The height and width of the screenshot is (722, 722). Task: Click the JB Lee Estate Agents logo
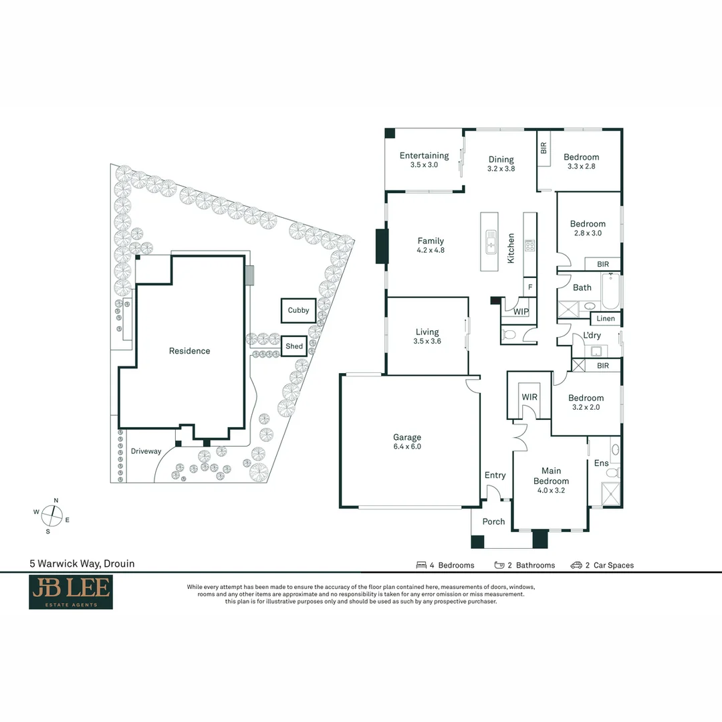(70, 592)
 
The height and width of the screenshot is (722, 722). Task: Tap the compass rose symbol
(52, 515)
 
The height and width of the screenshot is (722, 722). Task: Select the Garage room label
(407, 438)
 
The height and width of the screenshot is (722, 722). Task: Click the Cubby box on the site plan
(298, 310)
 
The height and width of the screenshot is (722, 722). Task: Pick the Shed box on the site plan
(294, 346)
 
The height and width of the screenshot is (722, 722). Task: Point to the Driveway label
(146, 451)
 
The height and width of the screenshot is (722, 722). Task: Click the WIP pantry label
(521, 312)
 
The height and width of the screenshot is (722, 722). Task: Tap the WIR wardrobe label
(529, 397)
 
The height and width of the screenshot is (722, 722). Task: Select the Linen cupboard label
(606, 319)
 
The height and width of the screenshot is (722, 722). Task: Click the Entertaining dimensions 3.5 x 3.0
(424, 164)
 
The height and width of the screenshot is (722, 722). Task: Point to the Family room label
(431, 241)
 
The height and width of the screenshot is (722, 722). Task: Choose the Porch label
(494, 521)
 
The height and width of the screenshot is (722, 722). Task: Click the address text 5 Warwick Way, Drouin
(82, 564)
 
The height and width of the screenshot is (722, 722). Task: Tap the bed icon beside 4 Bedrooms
(422, 565)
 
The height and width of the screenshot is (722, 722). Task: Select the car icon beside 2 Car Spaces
(576, 565)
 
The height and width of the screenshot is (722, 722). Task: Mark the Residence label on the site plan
(189, 351)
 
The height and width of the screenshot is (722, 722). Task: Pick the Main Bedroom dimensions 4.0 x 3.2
(551, 490)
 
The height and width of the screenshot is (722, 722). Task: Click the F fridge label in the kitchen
(530, 287)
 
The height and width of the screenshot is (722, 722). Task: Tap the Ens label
(602, 463)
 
